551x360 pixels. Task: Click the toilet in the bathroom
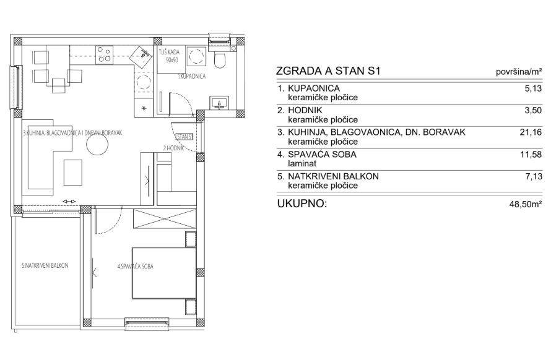(x=220, y=60)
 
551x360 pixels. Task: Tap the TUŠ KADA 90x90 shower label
(x=170, y=56)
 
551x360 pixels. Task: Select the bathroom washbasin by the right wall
(x=220, y=103)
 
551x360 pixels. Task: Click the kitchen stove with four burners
(x=105, y=55)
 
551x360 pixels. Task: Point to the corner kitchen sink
(x=142, y=56)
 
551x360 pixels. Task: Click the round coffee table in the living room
(x=97, y=145)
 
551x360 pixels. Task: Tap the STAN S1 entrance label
(x=185, y=137)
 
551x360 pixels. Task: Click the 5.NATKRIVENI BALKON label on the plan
(x=45, y=265)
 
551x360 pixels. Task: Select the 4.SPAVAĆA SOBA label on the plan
(x=136, y=267)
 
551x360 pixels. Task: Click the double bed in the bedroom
(x=164, y=273)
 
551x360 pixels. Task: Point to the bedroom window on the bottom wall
(x=147, y=324)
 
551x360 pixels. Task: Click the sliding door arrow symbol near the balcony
(x=69, y=201)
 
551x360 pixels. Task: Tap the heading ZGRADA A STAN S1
(x=328, y=71)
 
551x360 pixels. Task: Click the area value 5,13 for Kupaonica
(x=533, y=88)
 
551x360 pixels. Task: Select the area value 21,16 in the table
(x=531, y=132)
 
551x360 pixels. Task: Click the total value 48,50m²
(x=526, y=204)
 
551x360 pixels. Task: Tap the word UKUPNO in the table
(x=302, y=204)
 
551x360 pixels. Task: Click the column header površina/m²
(x=519, y=72)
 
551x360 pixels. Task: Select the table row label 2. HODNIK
(x=300, y=110)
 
